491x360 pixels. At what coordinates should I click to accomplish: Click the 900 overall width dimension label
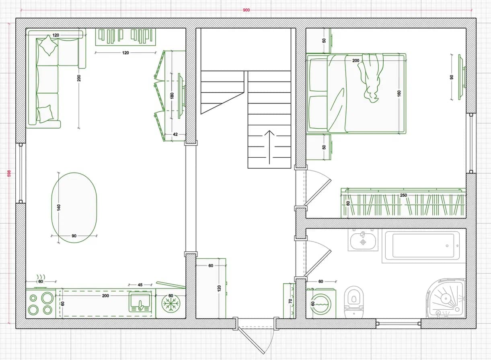pyautogui.click(x=246, y=10)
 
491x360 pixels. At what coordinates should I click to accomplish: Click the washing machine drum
pyautogui.click(x=321, y=305)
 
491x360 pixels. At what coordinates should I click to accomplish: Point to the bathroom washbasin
pyautogui.click(x=363, y=240)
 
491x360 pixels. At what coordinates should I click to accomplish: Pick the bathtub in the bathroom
pyautogui.click(x=423, y=245)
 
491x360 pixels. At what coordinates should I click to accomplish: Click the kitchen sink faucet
pyautogui.click(x=140, y=305)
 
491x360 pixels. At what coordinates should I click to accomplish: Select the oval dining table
pyautogui.click(x=74, y=208)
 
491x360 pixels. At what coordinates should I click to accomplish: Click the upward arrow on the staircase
pyautogui.click(x=269, y=147)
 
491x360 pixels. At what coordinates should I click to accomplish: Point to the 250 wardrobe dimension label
pyautogui.click(x=403, y=195)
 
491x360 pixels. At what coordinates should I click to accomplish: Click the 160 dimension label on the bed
pyautogui.click(x=399, y=93)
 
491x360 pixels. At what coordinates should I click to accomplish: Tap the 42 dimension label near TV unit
pyautogui.click(x=175, y=134)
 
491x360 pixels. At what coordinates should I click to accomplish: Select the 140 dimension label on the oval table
pyautogui.click(x=59, y=208)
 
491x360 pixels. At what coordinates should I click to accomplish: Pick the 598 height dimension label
pyautogui.click(x=9, y=173)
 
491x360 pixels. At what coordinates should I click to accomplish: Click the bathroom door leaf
pyautogui.click(x=317, y=263)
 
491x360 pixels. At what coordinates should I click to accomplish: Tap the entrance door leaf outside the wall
pyautogui.click(x=252, y=341)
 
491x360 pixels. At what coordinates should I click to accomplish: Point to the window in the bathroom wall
pyautogui.click(x=398, y=324)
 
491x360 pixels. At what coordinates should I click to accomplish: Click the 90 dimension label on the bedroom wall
pyautogui.click(x=451, y=77)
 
